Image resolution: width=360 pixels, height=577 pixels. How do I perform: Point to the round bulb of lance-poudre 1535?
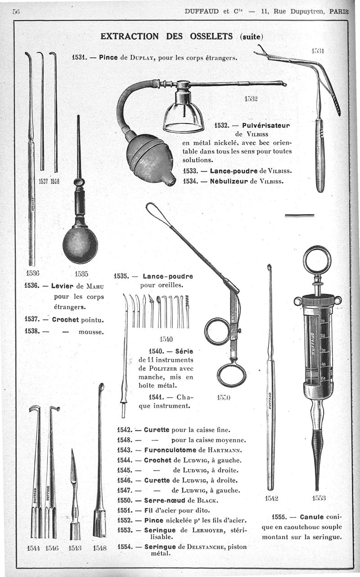[80, 245]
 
